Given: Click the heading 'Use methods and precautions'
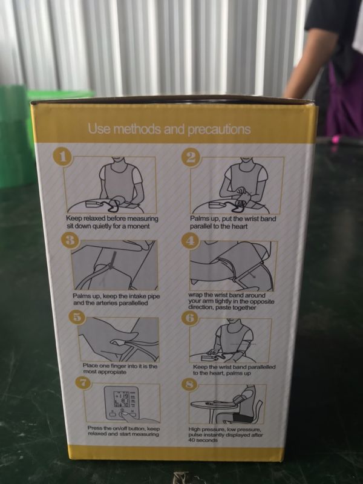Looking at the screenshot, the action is pos(169,129).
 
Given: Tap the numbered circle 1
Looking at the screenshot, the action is pos(63,157).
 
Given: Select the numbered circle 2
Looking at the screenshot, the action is pos(191,157).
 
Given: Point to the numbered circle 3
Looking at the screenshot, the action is pos(71,240).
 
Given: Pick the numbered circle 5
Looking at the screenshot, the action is pos(79,317).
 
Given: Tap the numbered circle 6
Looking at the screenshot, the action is pos(190,318).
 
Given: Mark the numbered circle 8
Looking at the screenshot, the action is pos(190,385).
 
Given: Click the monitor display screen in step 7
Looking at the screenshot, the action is pos(122,399).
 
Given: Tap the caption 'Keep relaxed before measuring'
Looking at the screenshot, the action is pos(112,218).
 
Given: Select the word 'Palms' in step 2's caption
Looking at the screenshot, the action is pos(198,219).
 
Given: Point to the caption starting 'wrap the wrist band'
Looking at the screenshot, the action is pos(231,301).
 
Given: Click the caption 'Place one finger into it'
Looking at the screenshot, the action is pos(120,369).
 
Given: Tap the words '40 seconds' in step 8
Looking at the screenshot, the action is pos(203,440).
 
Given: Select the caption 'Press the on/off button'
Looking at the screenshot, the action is pos(123,431).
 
